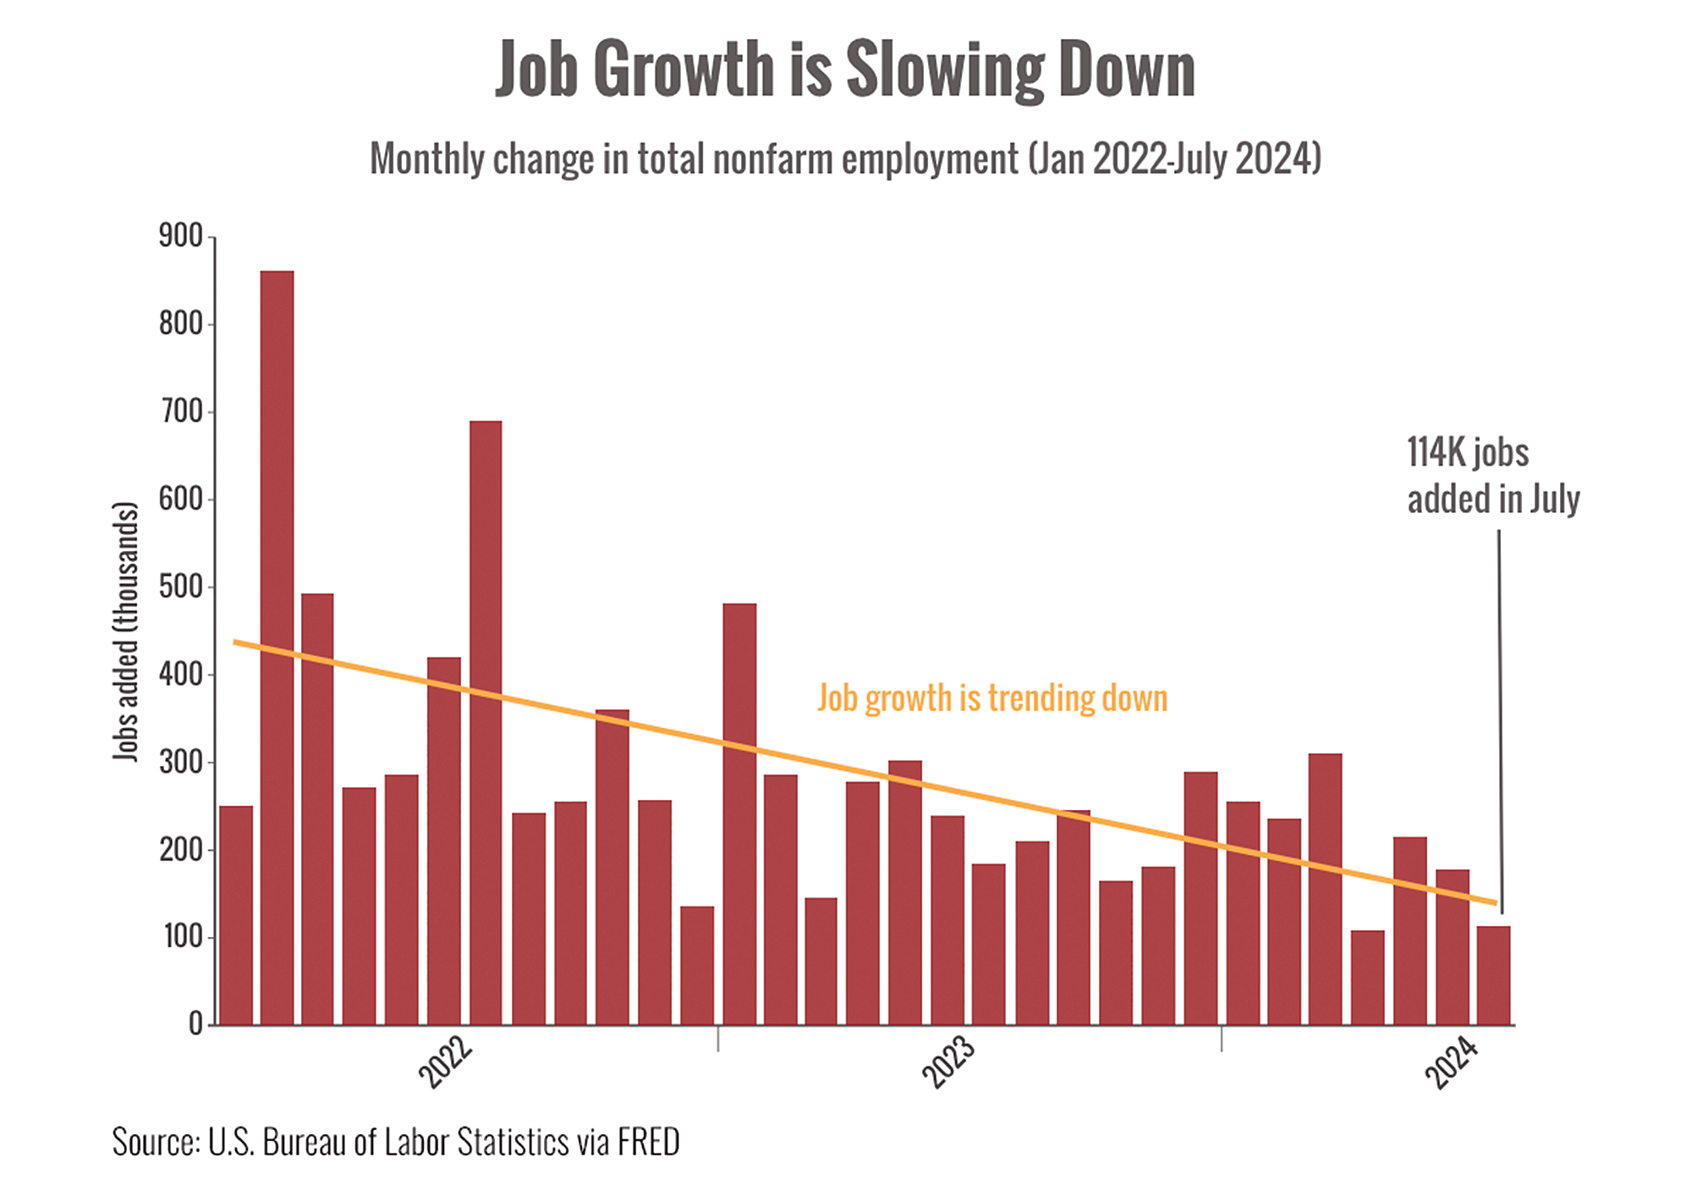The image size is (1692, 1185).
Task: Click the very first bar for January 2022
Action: click(236, 915)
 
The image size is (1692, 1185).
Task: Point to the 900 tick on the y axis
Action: click(181, 236)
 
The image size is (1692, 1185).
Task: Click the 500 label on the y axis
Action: click(181, 587)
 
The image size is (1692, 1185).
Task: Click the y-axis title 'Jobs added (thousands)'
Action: click(125, 631)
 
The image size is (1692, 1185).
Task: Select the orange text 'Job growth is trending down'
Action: click(992, 699)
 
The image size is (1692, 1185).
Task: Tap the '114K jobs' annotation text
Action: click(1468, 453)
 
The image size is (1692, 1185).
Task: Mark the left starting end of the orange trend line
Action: click(236, 642)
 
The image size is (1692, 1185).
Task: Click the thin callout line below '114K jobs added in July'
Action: click(1500, 719)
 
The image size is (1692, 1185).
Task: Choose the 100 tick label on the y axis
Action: click(181, 937)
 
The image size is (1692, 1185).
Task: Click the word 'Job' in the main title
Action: click(537, 69)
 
